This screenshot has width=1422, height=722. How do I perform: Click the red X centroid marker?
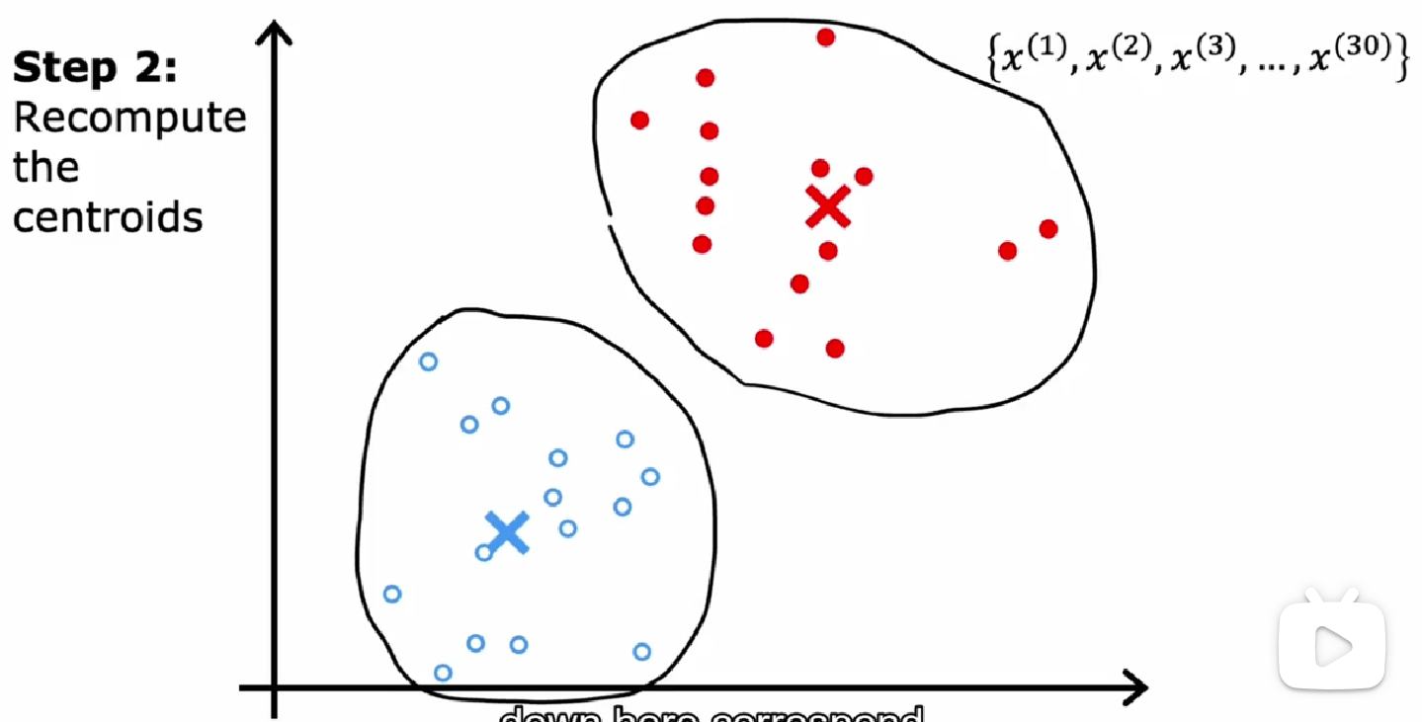pos(827,206)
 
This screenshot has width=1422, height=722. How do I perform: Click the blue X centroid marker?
pos(508,531)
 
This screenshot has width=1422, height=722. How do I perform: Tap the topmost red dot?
pos(825,38)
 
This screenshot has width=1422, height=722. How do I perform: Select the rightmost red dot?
pos(1048,229)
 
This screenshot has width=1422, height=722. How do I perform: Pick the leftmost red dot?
pos(639,120)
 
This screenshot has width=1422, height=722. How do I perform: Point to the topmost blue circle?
pos(428,361)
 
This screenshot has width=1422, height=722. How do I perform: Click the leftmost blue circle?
pos(391,594)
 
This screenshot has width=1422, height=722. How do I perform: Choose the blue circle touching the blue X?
pos(484,552)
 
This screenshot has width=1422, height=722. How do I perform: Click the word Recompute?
pos(129,118)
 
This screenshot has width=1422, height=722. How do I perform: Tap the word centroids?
pos(107,217)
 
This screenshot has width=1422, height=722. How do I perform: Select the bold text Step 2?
pos(95,68)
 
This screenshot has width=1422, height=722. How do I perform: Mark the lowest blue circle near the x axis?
pos(443,673)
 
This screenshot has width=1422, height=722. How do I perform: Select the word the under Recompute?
pos(45,167)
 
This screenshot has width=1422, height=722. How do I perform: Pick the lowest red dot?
pos(835,348)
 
